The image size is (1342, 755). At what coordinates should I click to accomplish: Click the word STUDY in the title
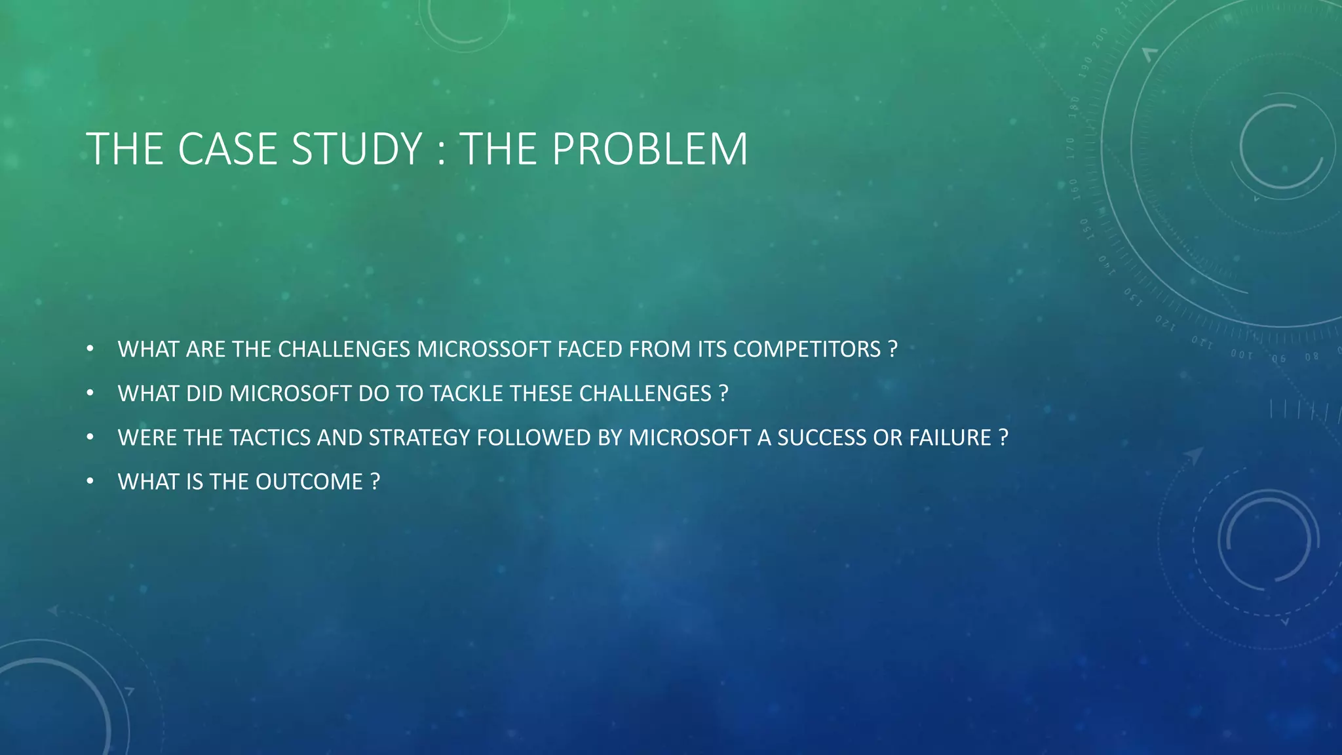tap(356, 149)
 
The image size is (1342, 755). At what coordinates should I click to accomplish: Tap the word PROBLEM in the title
tap(649, 149)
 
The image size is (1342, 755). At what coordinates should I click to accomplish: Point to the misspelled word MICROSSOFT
tap(484, 349)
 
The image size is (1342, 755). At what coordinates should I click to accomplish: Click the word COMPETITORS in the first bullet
tap(807, 349)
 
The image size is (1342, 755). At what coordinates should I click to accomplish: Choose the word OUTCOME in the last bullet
tap(309, 482)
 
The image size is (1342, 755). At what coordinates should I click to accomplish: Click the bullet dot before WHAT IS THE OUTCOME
tap(90, 482)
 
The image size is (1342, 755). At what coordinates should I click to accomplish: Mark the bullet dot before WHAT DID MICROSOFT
tap(90, 393)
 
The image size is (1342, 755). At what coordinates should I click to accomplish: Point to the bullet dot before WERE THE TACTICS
tap(90, 438)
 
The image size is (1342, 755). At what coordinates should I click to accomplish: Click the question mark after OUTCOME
tap(375, 482)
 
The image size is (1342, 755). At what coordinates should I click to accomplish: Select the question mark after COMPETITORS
tap(892, 349)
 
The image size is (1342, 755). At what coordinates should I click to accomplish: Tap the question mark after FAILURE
tap(1003, 438)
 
